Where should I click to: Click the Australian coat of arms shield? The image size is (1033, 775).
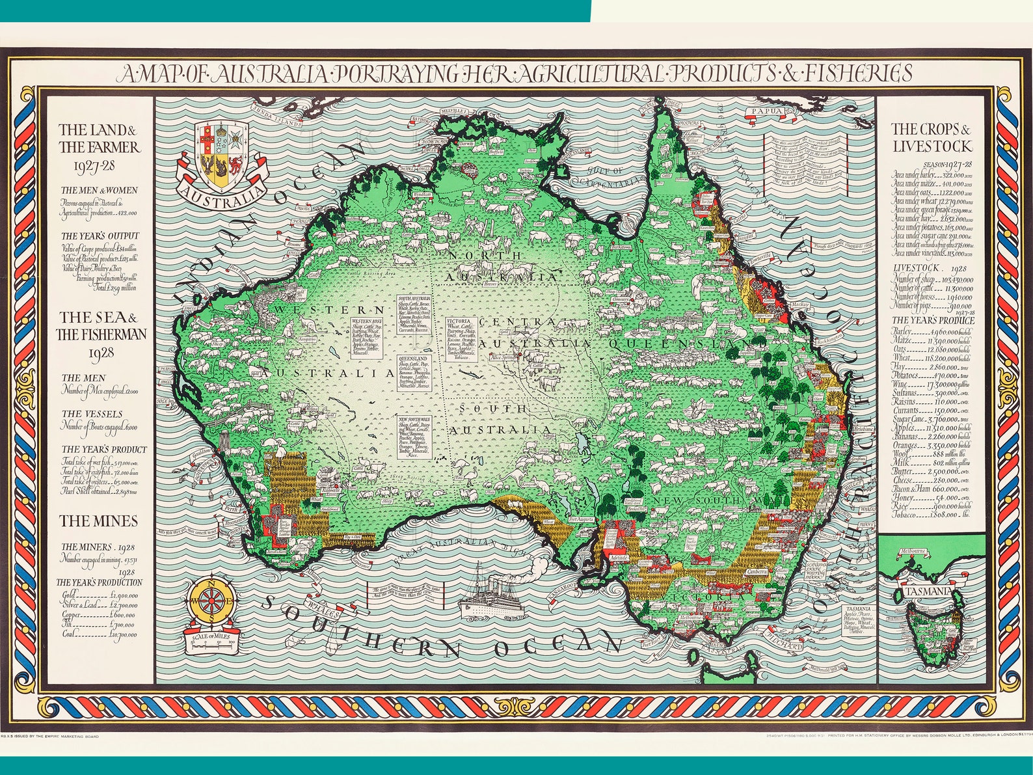click(221, 155)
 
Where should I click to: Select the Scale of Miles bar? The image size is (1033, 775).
click(213, 644)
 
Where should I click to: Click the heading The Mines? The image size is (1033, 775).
click(99, 521)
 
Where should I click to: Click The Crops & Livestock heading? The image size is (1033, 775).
click(932, 137)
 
